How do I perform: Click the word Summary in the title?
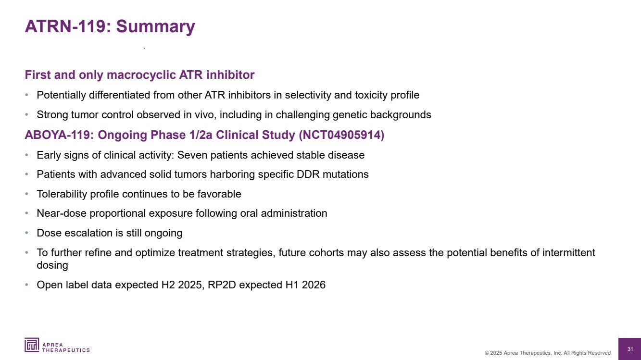(155, 27)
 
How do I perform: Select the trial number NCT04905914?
(341, 135)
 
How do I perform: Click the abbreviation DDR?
(308, 174)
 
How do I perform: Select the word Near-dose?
(62, 213)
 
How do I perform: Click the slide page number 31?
(630, 349)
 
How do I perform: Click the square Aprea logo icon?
(32, 345)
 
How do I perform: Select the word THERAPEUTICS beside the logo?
(66, 350)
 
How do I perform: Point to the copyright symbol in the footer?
(487, 353)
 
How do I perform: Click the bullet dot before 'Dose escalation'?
(26, 233)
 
